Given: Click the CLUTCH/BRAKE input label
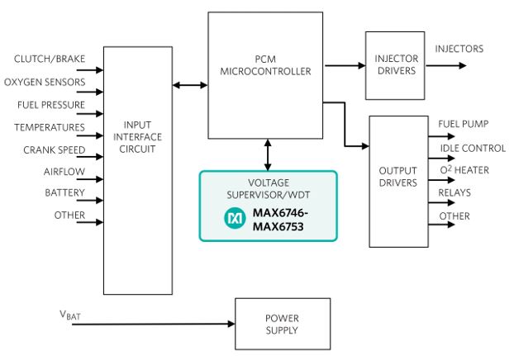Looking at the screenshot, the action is (x=50, y=59).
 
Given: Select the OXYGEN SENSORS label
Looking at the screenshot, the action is (x=45, y=82).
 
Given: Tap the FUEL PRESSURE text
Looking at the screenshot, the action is (x=51, y=105).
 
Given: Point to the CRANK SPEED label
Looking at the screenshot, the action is (x=55, y=150).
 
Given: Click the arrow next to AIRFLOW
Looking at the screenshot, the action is (x=90, y=179).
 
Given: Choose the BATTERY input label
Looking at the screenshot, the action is (x=65, y=192).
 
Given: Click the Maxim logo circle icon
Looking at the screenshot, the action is (x=235, y=218).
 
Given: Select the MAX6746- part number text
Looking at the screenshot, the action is (x=280, y=213).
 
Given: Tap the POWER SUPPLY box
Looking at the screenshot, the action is (x=283, y=324).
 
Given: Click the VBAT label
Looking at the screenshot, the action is (x=70, y=315).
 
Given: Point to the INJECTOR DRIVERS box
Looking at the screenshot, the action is (x=395, y=65).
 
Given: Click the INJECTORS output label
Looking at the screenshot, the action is (x=459, y=49).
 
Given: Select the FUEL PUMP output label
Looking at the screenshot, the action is (x=464, y=124).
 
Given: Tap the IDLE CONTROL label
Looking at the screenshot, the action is (x=473, y=149).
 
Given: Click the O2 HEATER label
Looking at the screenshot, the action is (x=464, y=170).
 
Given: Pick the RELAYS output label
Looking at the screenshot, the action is (x=455, y=192).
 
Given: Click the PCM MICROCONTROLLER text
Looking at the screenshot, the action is (x=265, y=65).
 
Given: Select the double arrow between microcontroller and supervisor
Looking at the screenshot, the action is (x=268, y=155).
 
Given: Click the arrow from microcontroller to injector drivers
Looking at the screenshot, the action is (x=345, y=65).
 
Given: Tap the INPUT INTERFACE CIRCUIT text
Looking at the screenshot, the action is (x=138, y=137).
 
